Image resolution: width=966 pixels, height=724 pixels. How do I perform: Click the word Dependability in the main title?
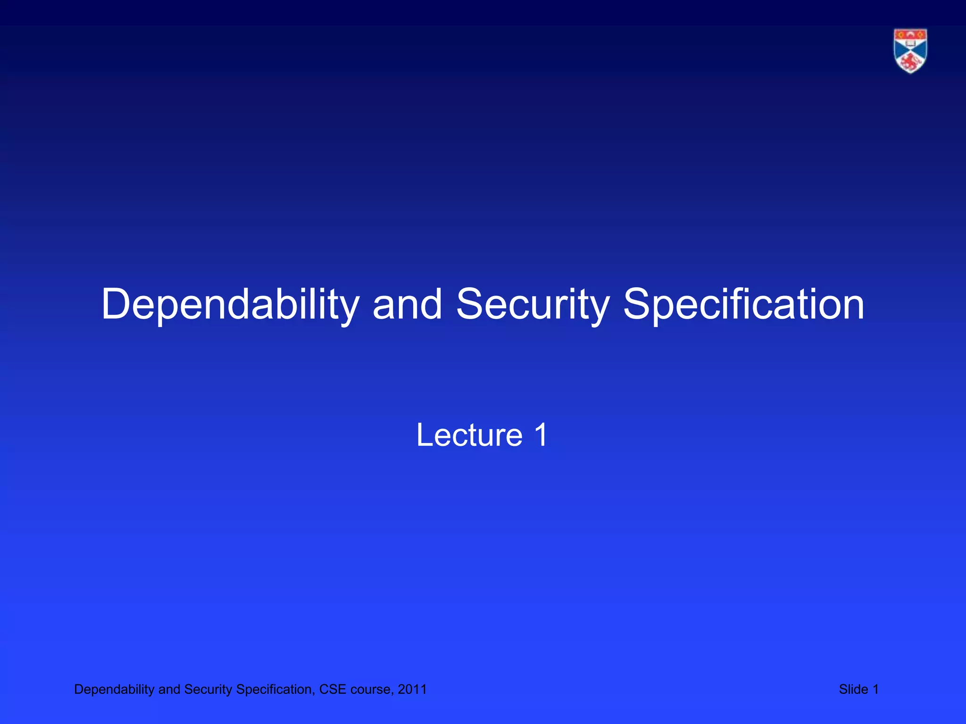tap(230, 305)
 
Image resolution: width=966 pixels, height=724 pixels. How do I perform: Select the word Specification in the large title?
tap(744, 305)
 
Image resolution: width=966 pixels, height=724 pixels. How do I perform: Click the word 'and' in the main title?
tap(407, 305)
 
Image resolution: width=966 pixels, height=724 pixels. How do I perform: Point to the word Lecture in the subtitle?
tap(469, 435)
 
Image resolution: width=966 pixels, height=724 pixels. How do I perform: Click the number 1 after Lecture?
tap(541, 435)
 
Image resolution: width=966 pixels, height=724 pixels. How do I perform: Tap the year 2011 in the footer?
tap(412, 689)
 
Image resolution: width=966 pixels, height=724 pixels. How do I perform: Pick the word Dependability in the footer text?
tap(114, 689)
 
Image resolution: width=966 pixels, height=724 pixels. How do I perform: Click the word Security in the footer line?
tap(208, 689)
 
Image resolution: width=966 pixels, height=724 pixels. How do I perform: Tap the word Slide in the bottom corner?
tap(853, 689)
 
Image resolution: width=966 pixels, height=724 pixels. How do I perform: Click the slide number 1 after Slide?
tap(875, 689)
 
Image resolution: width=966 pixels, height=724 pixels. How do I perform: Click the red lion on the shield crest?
tap(910, 62)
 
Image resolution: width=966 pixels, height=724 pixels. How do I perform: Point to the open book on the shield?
tap(910, 43)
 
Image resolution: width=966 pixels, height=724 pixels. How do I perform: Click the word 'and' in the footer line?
tap(169, 689)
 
